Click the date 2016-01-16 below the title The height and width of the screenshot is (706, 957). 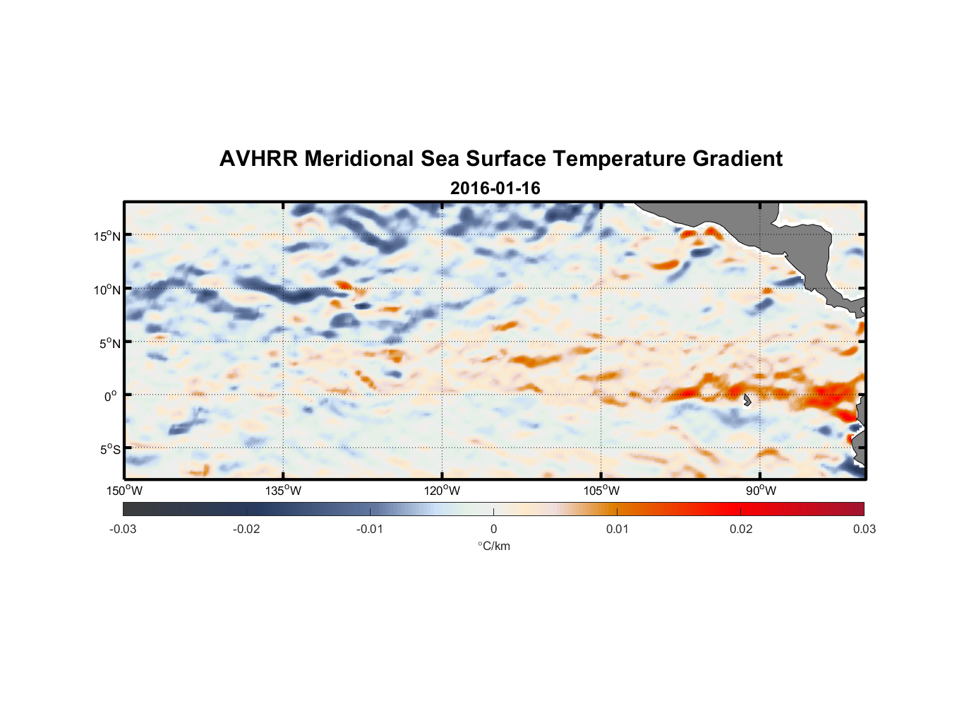(x=495, y=189)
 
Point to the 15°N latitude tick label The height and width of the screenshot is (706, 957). (x=107, y=236)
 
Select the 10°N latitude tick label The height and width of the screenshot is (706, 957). (x=107, y=289)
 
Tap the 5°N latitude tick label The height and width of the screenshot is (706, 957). (x=109, y=343)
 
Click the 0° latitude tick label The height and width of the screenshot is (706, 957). (x=111, y=396)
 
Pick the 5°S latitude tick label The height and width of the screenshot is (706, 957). (x=109, y=449)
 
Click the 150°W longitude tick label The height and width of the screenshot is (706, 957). (x=124, y=491)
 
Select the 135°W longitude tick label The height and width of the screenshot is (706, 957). (x=283, y=491)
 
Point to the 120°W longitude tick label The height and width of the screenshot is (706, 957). (x=443, y=491)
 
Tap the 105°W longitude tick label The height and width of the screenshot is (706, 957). (x=601, y=491)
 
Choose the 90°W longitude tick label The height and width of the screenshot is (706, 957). (x=761, y=491)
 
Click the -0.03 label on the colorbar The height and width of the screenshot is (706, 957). (x=123, y=529)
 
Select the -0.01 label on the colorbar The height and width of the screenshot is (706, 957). (x=370, y=529)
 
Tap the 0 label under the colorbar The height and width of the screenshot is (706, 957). (x=493, y=529)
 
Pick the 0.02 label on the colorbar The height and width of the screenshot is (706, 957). (x=741, y=529)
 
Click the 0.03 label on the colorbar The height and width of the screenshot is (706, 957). (x=864, y=529)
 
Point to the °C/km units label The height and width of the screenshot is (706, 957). (x=493, y=546)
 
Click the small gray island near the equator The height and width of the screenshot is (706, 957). (x=747, y=400)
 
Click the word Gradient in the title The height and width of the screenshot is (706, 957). (x=738, y=159)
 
